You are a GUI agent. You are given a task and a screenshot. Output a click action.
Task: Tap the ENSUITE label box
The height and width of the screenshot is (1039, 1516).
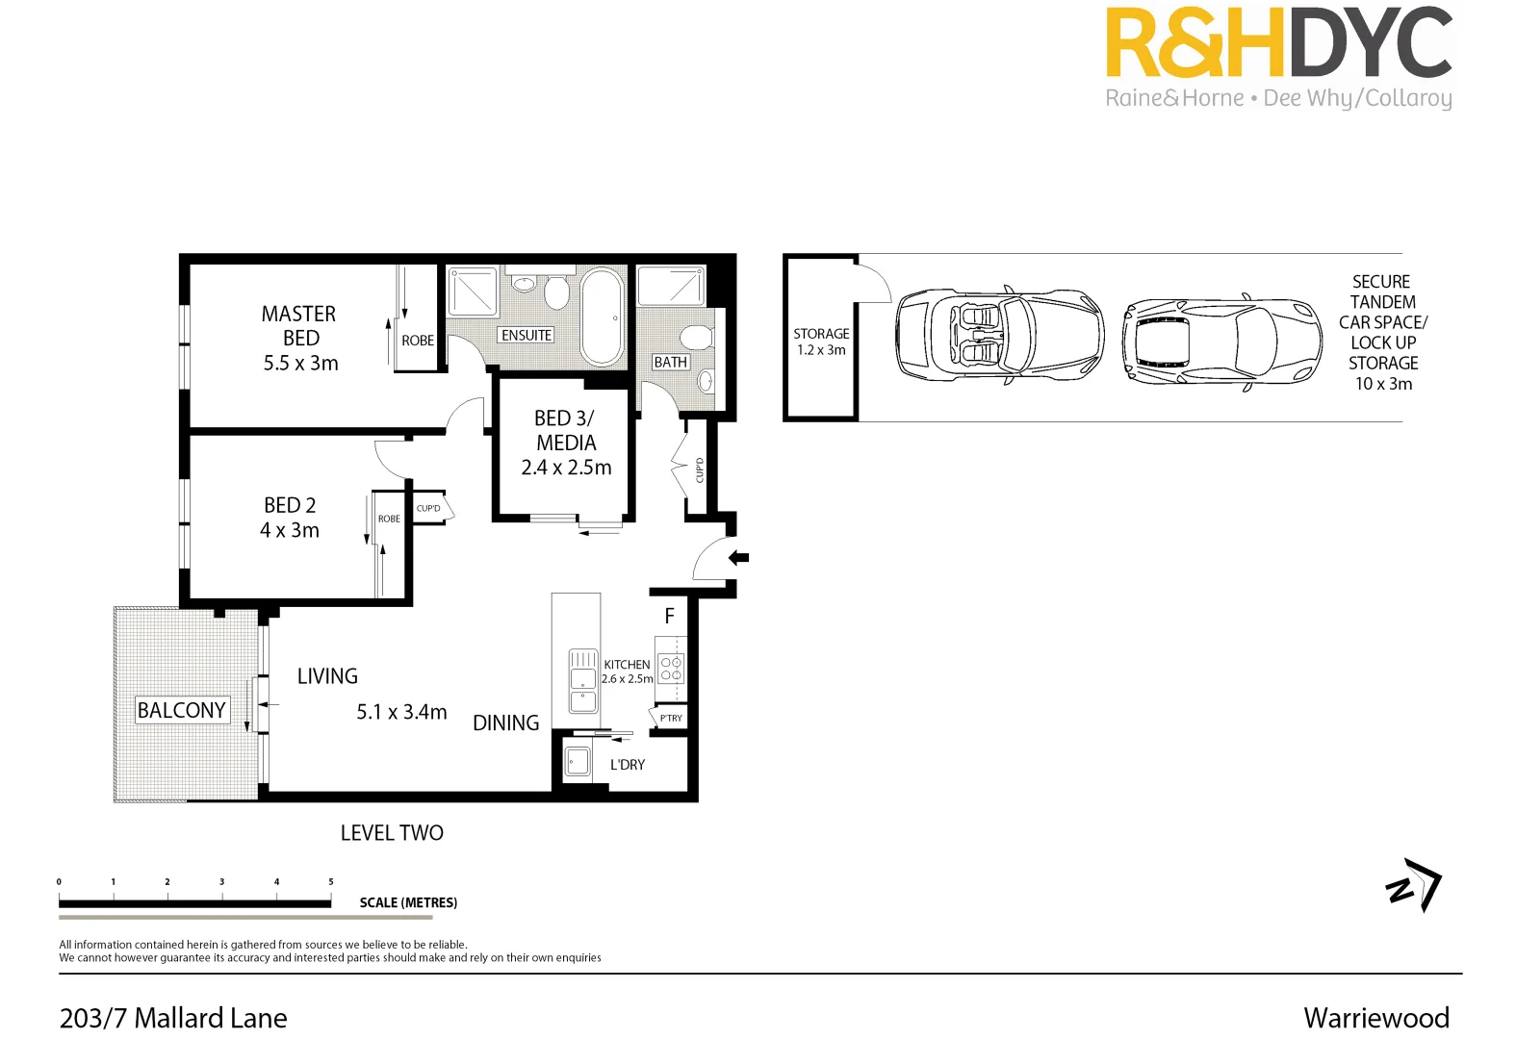(527, 335)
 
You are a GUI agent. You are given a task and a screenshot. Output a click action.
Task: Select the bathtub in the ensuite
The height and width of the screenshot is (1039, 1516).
(603, 317)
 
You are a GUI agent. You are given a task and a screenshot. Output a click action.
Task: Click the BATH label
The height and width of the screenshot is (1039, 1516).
(671, 362)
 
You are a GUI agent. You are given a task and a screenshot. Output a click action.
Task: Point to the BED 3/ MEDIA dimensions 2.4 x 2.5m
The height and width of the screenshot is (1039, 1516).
(566, 468)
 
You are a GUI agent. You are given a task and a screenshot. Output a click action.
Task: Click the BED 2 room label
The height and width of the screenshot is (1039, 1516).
(290, 505)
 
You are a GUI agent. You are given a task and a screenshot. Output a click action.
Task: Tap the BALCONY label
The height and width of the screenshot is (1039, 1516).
(181, 710)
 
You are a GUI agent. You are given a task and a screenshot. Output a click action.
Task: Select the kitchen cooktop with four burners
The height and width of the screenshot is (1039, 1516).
(671, 668)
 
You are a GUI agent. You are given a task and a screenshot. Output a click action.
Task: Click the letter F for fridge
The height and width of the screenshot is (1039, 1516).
(670, 616)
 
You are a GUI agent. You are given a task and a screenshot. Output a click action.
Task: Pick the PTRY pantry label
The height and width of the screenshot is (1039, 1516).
(671, 718)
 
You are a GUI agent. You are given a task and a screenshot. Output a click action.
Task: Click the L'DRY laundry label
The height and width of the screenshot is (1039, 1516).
(628, 765)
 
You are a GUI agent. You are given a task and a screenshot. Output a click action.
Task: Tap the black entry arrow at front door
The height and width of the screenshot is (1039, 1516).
(738, 557)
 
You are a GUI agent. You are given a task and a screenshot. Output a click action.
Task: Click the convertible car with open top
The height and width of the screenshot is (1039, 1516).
(999, 336)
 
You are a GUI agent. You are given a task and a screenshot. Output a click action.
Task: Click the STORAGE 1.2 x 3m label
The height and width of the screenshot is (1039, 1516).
(821, 342)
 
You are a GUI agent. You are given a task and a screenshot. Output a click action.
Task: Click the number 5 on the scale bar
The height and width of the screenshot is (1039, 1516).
(331, 881)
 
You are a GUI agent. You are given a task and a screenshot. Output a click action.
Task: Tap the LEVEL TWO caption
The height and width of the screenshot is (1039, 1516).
(392, 833)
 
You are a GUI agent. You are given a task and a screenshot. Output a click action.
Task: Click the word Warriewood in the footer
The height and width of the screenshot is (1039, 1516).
(1375, 1018)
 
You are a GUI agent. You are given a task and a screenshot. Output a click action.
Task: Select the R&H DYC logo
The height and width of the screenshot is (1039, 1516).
(1278, 56)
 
